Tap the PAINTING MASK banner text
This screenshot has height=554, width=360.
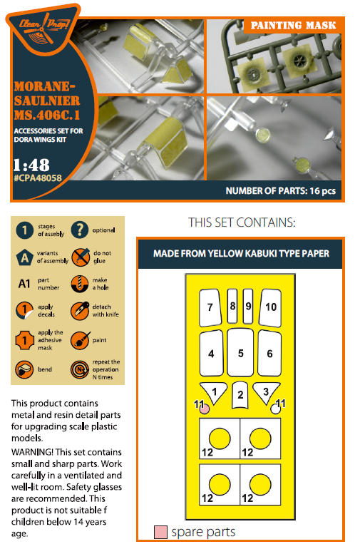click(x=293, y=26)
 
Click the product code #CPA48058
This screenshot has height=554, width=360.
click(x=38, y=178)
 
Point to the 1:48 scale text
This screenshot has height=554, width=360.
click(x=31, y=165)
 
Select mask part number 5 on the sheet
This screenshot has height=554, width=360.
click(x=240, y=352)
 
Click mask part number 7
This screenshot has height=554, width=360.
click(x=210, y=307)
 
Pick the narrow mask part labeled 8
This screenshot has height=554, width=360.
click(x=232, y=306)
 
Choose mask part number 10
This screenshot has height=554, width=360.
click(x=271, y=307)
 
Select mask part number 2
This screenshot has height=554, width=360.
click(x=240, y=395)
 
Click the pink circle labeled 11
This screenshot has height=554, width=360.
click(x=205, y=409)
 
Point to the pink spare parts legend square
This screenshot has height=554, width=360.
click(x=160, y=532)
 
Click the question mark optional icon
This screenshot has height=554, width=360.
click(x=80, y=230)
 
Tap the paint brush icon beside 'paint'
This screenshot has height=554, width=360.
click(x=80, y=340)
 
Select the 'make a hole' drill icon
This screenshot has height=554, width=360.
click(x=80, y=284)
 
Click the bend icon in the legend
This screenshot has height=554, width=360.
click(x=24, y=369)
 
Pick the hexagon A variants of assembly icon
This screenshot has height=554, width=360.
click(x=25, y=257)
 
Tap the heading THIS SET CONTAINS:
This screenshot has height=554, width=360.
click(x=242, y=222)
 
